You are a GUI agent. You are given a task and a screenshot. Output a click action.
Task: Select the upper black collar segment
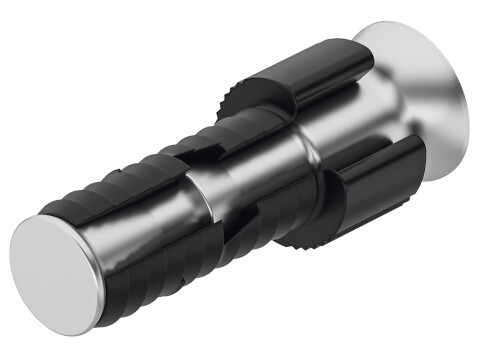(300, 80)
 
